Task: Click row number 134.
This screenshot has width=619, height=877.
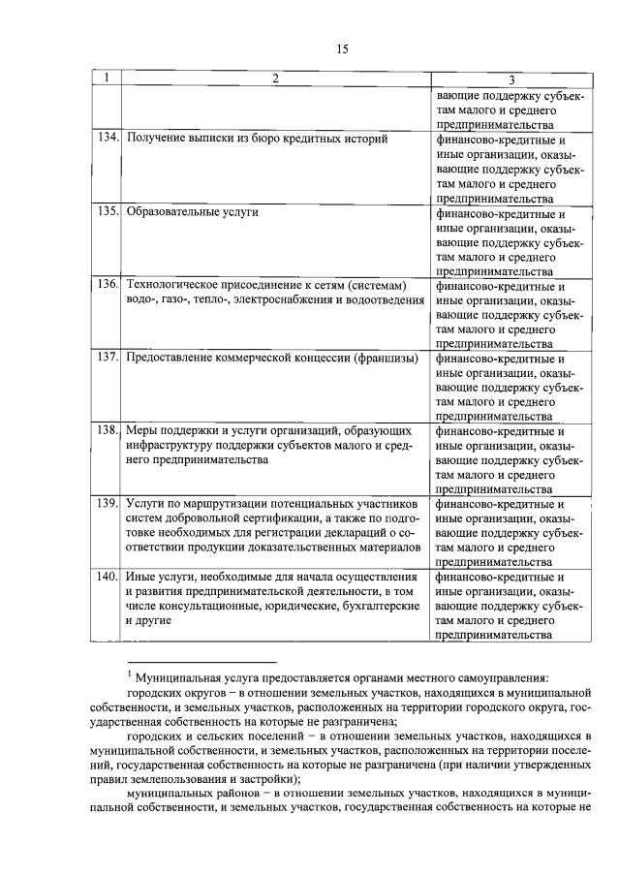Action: (107, 139)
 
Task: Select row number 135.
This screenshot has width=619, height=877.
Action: (107, 211)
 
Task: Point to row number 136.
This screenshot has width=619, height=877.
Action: (107, 285)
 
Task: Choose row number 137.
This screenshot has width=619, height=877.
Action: (107, 358)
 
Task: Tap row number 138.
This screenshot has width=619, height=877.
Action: (107, 430)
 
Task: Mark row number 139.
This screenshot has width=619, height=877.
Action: (107, 504)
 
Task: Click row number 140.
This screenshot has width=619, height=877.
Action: (107, 578)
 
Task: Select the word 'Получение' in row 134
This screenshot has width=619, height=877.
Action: (155, 139)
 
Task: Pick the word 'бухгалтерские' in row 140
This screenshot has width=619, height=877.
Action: (381, 607)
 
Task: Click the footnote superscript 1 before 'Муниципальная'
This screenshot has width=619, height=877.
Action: (130, 673)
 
